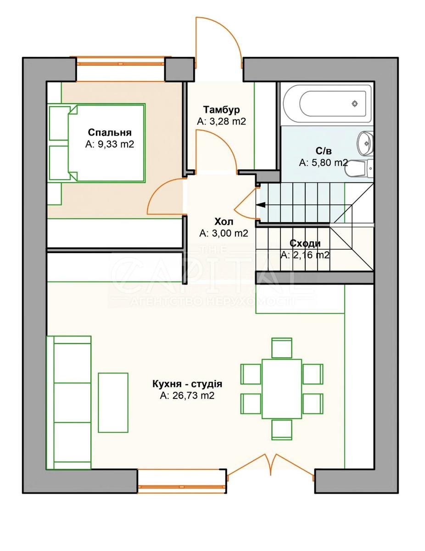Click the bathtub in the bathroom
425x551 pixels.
(x=326, y=104)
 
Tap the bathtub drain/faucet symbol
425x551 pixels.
(x=355, y=104)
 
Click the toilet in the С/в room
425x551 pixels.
(x=359, y=169)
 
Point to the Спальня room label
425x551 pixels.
(x=109, y=133)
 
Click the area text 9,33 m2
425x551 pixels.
(x=109, y=144)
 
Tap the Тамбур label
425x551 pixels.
(x=222, y=110)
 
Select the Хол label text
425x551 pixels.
(x=224, y=221)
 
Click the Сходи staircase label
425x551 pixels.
(x=305, y=244)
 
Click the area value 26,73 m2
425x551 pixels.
(x=187, y=395)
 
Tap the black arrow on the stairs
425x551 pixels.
(x=261, y=205)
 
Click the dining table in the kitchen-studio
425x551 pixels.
(x=281, y=389)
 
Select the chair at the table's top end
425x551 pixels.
(x=281, y=348)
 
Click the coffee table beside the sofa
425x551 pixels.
(x=113, y=402)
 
